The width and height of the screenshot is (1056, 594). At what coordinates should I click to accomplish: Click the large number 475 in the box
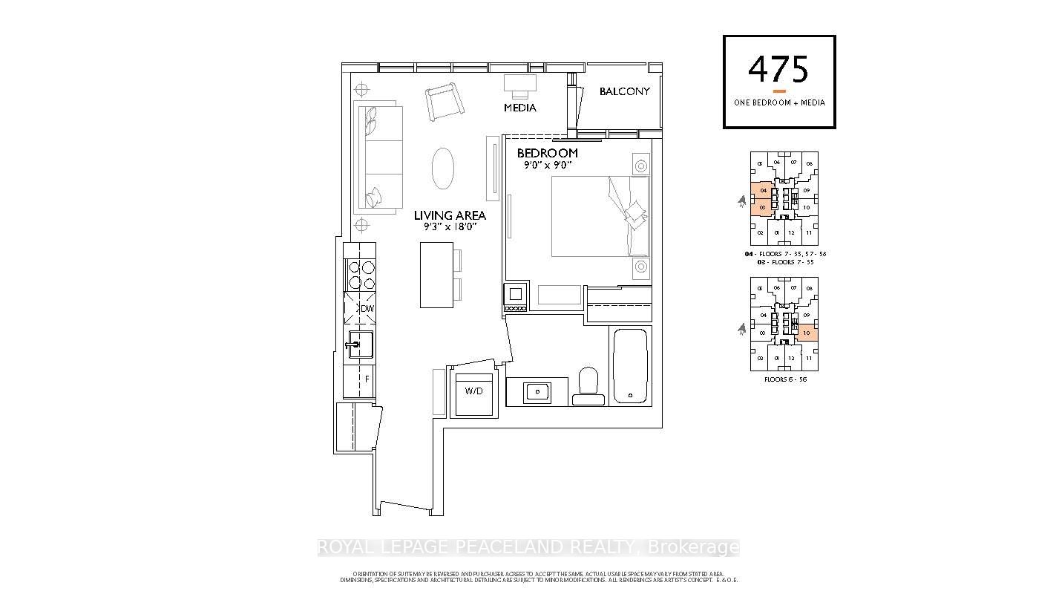778,70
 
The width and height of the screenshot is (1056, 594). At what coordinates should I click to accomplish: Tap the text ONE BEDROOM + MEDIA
779,102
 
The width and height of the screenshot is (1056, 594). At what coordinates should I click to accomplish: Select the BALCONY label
624,91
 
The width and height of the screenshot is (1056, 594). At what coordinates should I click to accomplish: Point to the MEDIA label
519,108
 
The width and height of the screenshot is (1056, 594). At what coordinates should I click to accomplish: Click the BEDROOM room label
547,153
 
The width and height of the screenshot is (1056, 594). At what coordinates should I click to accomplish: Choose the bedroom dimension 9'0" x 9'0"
547,165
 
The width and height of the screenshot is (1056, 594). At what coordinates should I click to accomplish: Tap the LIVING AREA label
450,215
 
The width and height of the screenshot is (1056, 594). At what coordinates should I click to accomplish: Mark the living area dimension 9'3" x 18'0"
450,227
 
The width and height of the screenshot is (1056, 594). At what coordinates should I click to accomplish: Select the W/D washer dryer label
473,391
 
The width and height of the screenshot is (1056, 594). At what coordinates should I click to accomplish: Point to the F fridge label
366,379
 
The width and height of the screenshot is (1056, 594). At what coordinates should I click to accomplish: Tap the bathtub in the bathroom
630,365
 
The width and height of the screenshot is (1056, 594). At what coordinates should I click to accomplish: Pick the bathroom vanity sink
536,391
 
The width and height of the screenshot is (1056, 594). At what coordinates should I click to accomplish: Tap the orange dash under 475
779,91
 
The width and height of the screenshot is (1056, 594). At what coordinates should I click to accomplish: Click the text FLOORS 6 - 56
785,379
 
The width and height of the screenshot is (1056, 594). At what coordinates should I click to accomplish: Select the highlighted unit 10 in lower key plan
807,333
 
